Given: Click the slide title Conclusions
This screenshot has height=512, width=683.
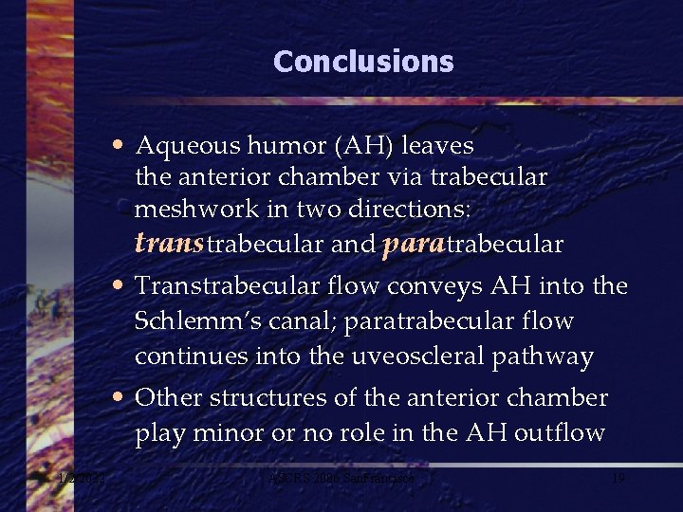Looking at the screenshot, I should pos(363,62).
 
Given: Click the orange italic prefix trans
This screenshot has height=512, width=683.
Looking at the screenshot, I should pos(170,244).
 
